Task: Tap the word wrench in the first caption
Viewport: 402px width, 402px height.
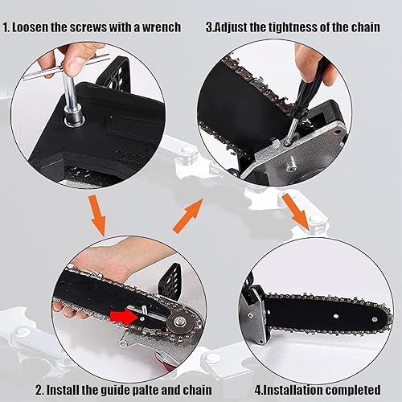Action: click(159, 27)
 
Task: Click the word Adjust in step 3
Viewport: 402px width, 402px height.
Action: click(237, 27)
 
